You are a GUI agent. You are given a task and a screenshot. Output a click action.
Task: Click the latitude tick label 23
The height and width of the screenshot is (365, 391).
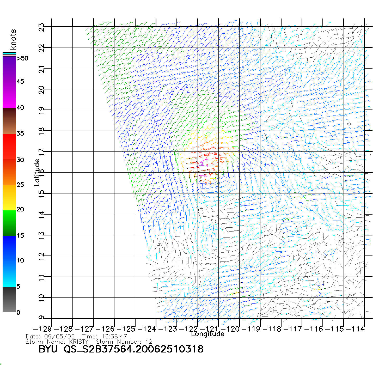tap(41, 27)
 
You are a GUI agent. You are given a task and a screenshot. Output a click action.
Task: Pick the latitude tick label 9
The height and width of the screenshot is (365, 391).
tap(41, 317)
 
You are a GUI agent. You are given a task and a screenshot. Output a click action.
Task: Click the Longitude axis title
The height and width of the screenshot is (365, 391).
tap(207, 334)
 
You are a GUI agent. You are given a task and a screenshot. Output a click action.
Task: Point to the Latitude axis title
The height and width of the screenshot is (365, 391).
tap(37, 173)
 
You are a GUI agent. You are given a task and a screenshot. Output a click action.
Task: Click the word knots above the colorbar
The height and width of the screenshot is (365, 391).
tap(13, 39)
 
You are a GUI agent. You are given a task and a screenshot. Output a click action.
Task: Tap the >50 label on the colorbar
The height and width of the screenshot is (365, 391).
tap(22, 58)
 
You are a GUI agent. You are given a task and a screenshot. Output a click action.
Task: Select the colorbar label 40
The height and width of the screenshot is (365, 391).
tap(20, 107)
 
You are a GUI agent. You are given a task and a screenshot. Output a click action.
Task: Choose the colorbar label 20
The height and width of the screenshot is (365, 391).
tap(20, 209)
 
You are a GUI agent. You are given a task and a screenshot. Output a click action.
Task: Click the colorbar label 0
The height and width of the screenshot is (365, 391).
tap(18, 312)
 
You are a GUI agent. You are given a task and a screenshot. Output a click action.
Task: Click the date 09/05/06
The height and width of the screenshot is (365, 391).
tap(59, 336)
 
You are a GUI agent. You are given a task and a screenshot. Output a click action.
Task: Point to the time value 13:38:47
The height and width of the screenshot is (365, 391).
tap(114, 336)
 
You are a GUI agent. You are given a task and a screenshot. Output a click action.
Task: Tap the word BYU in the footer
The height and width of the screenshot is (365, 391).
tap(48, 349)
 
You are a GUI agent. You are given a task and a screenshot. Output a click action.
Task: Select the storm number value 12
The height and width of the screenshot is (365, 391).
tap(149, 342)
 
